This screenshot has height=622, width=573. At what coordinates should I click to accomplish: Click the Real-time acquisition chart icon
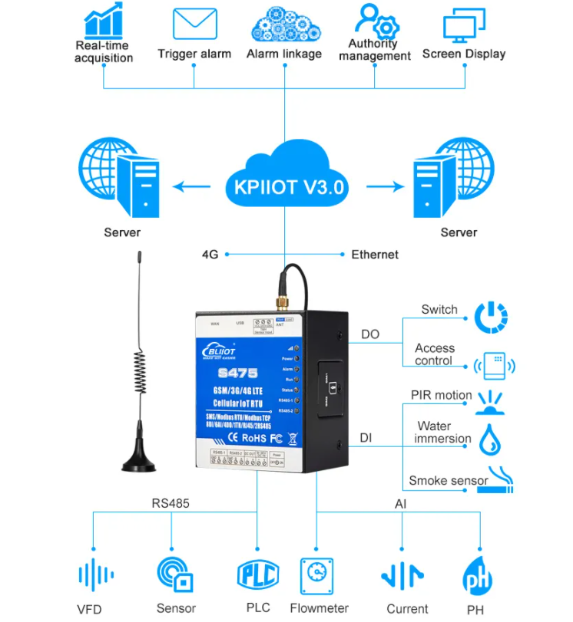coord(104,22)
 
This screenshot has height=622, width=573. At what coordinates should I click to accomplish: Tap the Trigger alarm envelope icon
coord(194,24)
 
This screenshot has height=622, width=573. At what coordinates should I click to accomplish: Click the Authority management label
coord(375,50)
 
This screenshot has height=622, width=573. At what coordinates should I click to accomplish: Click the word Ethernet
coord(375,255)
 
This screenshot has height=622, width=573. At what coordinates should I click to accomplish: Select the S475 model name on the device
coord(243,374)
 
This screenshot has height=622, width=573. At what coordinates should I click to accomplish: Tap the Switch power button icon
coord(491,317)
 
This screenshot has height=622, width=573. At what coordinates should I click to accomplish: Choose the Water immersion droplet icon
coord(491,439)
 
